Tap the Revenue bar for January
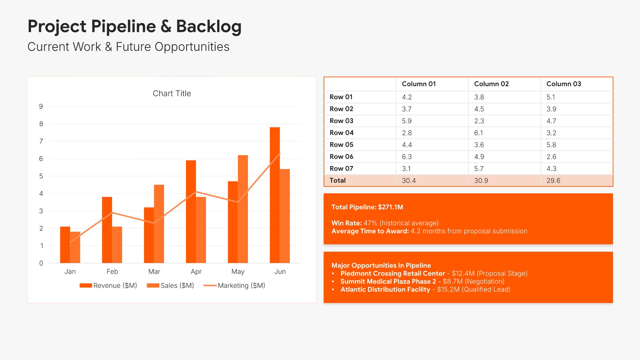click(65, 245)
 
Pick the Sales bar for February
click(117, 245)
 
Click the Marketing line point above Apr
click(196, 191)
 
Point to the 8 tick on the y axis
click(41, 124)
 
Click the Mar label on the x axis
click(154, 272)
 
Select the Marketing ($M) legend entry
click(241, 286)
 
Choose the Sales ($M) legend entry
click(177, 286)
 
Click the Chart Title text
click(172, 94)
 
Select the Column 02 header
click(491, 84)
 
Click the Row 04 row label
click(341, 133)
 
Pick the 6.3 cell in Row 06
click(407, 157)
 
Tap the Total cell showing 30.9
click(481, 181)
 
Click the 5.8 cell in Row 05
click(551, 145)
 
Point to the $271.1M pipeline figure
click(390, 207)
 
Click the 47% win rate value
click(370, 223)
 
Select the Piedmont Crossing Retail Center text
click(393, 273)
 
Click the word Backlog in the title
click(209, 27)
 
